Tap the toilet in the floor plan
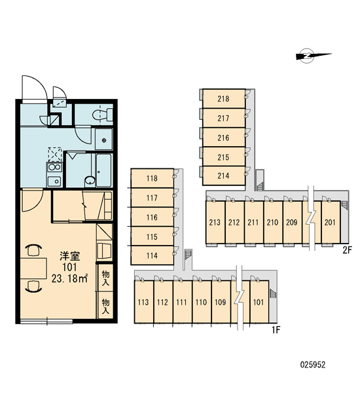103,115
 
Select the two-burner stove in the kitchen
54,167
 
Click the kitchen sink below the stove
54,181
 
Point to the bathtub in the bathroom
103,170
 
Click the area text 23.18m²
69,278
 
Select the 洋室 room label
69,256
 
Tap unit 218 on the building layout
223,99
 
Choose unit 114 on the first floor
152,255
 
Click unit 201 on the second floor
330,222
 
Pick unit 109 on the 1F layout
221,302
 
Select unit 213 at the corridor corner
215,222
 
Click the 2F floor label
348,250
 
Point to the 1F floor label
276,330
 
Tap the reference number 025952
313,365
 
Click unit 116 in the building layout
152,217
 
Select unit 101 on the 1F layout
259,302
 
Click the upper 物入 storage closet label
106,278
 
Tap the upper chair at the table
34,250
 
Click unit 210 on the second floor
272,222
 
